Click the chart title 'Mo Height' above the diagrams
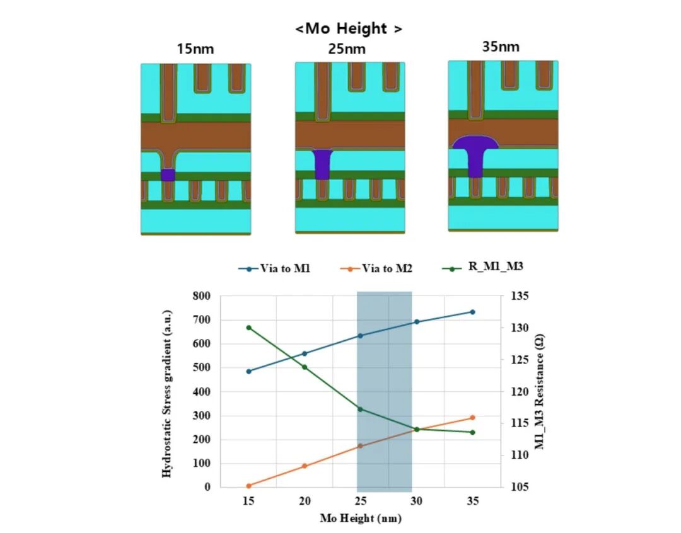pos(348,28)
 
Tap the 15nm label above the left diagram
pos(195,49)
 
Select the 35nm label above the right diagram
pos(502,47)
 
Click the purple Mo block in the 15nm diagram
pos(167,175)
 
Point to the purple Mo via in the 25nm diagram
pos(322,163)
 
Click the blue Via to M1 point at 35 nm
pos(472,312)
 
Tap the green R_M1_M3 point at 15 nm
pos(249,328)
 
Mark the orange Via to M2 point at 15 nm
pos(249,486)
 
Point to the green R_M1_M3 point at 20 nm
pos(305,367)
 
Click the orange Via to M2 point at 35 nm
pos(472,418)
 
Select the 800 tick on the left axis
pos(202,296)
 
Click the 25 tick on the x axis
pos(361,501)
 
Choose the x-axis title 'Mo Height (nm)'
pos(360,519)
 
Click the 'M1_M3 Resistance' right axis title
pos(541,391)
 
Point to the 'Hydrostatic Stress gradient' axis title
pos(167,391)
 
